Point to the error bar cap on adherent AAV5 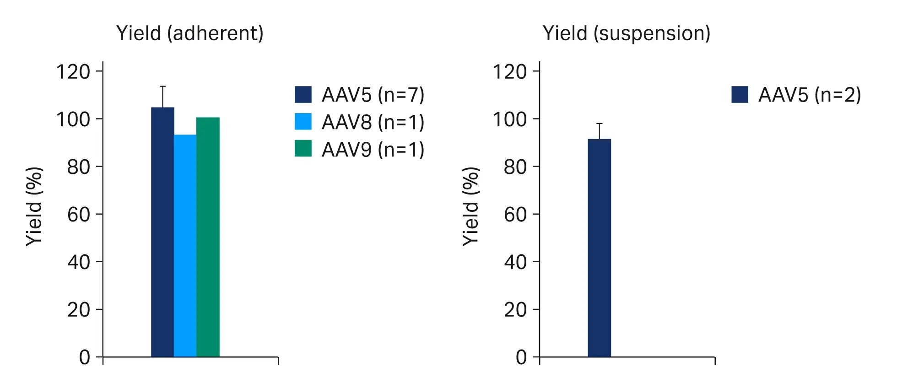pyautogui.click(x=162, y=86)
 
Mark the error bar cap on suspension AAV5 pyautogui.click(x=599, y=124)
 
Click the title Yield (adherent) pyautogui.click(x=190, y=33)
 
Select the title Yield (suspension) pyautogui.click(x=626, y=33)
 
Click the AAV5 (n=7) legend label pyautogui.click(x=373, y=95)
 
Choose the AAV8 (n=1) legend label pyautogui.click(x=373, y=122)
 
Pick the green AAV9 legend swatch pyautogui.click(x=303, y=149)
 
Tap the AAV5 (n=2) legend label pyautogui.click(x=809, y=95)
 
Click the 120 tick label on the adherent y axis pyautogui.click(x=73, y=72)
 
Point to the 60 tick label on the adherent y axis pyautogui.click(x=78, y=214)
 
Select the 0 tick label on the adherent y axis pyautogui.click(x=85, y=357)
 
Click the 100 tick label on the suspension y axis pyautogui.click(x=509, y=119)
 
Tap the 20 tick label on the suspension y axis pyautogui.click(x=515, y=310)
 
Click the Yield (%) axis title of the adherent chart pyautogui.click(x=34, y=207)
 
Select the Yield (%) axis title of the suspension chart pyautogui.click(x=471, y=207)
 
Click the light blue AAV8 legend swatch pyautogui.click(x=303, y=122)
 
